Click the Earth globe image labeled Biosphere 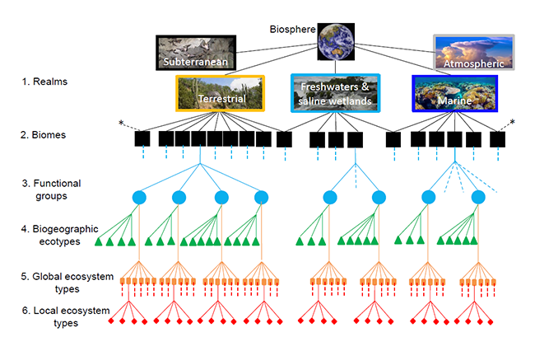pyautogui.click(x=336, y=42)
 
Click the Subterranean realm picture pyautogui.click(x=196, y=53)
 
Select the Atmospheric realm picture pyautogui.click(x=474, y=52)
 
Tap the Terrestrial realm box pyautogui.click(x=221, y=93)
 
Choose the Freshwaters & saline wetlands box pyautogui.click(x=335, y=93)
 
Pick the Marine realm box pyautogui.click(x=455, y=94)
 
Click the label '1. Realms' pyautogui.click(x=44, y=82)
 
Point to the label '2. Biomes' pyautogui.click(x=43, y=135)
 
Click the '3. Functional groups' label pyautogui.click(x=52, y=189)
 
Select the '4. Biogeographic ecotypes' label pyautogui.click(x=60, y=235)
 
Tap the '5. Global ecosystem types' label pyautogui.click(x=67, y=283)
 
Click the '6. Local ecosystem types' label pyautogui.click(x=66, y=316)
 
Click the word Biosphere pyautogui.click(x=292, y=30)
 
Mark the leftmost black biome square pyautogui.click(x=142, y=139)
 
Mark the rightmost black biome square pyautogui.click(x=497, y=139)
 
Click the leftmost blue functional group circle pyautogui.click(x=139, y=198)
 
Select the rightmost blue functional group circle pyautogui.click(x=478, y=198)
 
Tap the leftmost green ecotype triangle pyautogui.click(x=99, y=242)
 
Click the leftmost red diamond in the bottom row pyautogui.click(x=111, y=321)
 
